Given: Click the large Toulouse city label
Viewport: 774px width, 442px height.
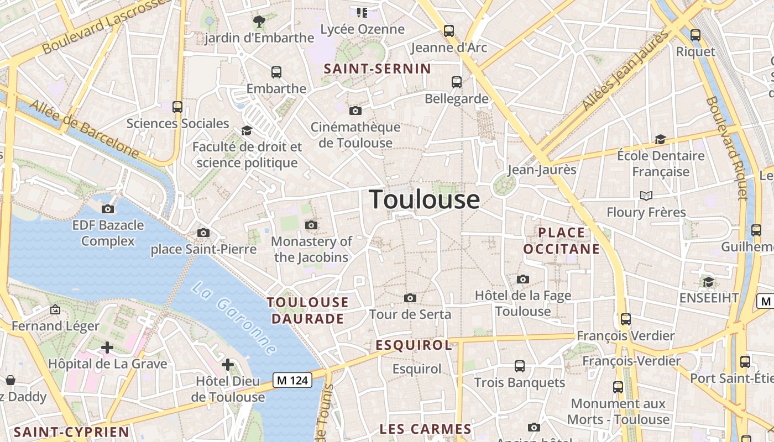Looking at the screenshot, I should tap(424, 199).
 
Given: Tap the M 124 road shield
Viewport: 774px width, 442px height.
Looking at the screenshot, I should tap(292, 380).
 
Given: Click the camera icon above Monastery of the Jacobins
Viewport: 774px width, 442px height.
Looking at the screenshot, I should tap(311, 225).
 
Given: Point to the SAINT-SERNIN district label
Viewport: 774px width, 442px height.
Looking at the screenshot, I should tap(377, 69).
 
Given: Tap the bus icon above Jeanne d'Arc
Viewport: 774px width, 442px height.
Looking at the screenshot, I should tap(449, 31).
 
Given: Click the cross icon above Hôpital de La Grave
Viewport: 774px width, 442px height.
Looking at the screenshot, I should tap(107, 348).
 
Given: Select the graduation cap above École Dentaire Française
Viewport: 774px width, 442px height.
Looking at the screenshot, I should tap(660, 139).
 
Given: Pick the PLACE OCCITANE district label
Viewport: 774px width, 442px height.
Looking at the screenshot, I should tap(562, 240).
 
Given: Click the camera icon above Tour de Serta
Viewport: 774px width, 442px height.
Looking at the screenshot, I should tap(410, 298).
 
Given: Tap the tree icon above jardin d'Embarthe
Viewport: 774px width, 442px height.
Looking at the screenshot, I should tap(259, 22).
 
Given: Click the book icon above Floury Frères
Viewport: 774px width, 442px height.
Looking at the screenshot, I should tap(646, 196).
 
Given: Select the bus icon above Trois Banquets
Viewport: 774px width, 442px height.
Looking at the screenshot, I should tap(520, 366).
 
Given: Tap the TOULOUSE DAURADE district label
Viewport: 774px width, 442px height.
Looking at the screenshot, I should tap(308, 310).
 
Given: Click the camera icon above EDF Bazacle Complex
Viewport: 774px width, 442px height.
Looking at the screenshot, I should tap(108, 209).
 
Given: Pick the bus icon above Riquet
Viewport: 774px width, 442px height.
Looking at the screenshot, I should tap(695, 35).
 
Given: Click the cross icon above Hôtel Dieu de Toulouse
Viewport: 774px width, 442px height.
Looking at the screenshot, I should tap(228, 365).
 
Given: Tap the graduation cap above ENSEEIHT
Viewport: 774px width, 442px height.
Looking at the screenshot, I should tap(708, 282).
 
